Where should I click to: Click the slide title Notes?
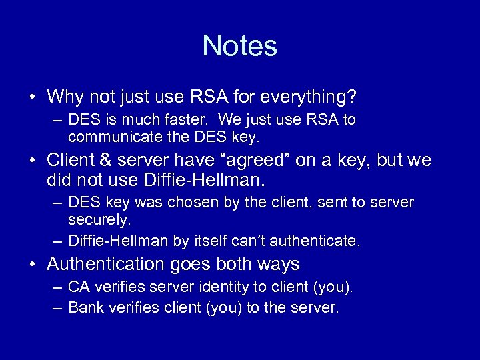239,46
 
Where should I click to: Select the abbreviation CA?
79,287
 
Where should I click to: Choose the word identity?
215,287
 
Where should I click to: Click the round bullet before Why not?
33,98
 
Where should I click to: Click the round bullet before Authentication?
33,265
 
